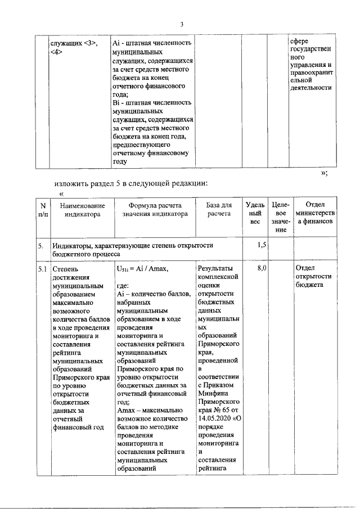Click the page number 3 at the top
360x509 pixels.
tap(182, 24)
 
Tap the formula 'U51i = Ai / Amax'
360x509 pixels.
tap(142, 269)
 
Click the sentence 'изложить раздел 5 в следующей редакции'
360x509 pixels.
tap(132, 183)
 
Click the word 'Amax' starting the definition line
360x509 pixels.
tap(127, 411)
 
